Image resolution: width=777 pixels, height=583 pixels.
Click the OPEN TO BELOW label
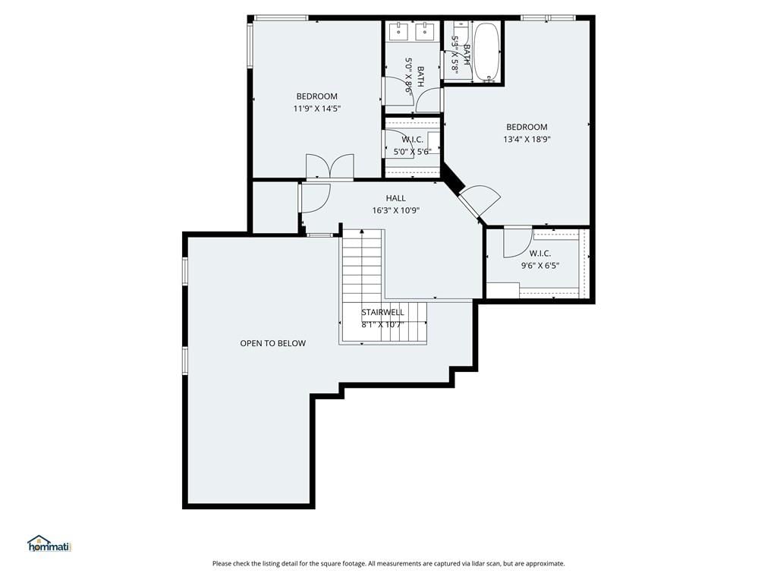pyautogui.click(x=272, y=343)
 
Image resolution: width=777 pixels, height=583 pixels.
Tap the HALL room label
pyautogui.click(x=395, y=198)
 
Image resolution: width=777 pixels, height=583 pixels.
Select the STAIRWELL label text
pyautogui.click(x=382, y=312)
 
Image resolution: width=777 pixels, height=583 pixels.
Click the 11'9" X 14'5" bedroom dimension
pyautogui.click(x=317, y=108)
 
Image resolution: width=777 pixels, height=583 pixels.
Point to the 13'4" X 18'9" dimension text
pyautogui.click(x=527, y=140)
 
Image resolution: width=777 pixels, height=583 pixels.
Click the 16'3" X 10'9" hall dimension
pyautogui.click(x=396, y=210)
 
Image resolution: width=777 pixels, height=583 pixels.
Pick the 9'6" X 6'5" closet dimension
pyautogui.click(x=540, y=265)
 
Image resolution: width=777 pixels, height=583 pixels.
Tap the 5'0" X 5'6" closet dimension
pyautogui.click(x=412, y=152)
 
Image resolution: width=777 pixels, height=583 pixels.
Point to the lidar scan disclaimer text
pyautogui.click(x=388, y=563)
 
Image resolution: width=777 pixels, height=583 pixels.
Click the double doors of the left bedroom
pyautogui.click(x=330, y=166)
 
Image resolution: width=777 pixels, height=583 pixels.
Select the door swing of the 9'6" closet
pyautogui.click(x=517, y=242)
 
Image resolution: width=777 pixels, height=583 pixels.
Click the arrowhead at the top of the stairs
pyautogui.click(x=362, y=232)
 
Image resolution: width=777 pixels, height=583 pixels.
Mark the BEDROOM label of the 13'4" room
pyautogui.click(x=527, y=127)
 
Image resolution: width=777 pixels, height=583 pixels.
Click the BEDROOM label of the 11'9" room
pyautogui.click(x=317, y=96)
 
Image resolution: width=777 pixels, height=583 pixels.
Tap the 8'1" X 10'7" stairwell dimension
pyautogui.click(x=382, y=325)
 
